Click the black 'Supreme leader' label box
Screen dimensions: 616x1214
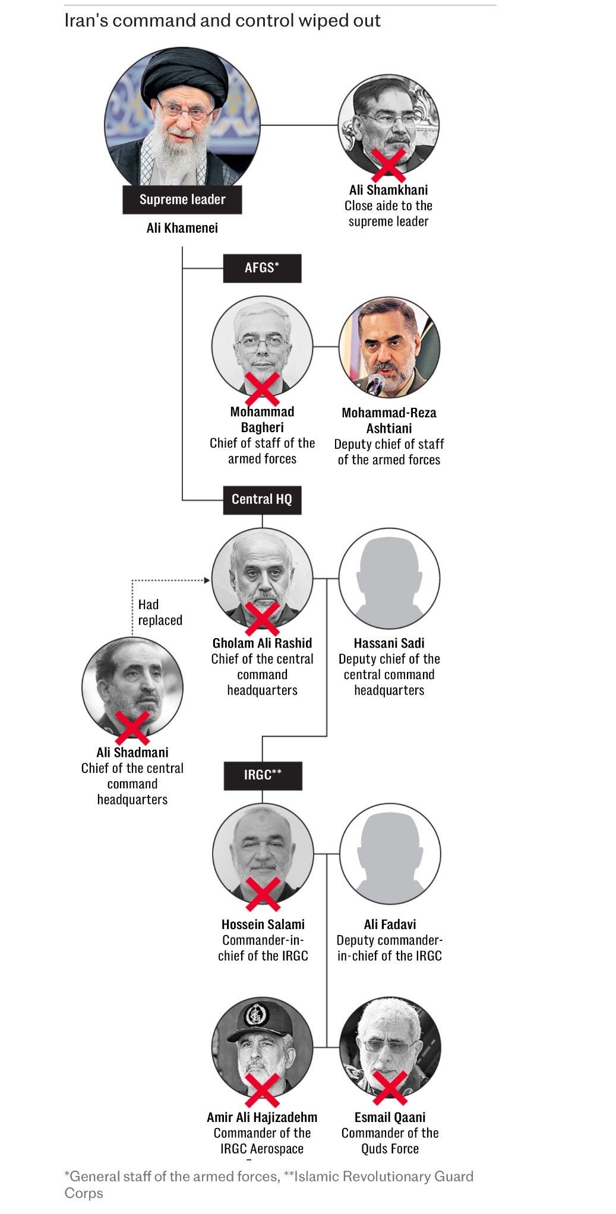(x=182, y=199)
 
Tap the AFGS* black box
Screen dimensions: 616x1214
(x=262, y=268)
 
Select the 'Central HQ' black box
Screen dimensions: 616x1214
(x=262, y=499)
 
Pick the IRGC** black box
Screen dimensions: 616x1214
(x=263, y=775)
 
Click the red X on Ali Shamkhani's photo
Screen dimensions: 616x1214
(x=388, y=165)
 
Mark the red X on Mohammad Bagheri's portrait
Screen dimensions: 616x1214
(x=262, y=389)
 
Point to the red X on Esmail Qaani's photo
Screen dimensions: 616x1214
(x=390, y=1088)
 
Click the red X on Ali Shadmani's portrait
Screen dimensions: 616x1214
(x=132, y=728)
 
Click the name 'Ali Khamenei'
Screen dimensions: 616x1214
(x=182, y=228)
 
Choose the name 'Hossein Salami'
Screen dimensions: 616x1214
(x=263, y=924)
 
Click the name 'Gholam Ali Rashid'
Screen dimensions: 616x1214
(x=262, y=643)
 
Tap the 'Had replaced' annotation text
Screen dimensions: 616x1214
(x=159, y=612)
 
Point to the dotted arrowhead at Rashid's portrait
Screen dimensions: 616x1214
(x=208, y=580)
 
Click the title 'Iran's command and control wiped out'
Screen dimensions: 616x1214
(x=222, y=21)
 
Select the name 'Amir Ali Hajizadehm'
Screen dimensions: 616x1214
(x=262, y=1117)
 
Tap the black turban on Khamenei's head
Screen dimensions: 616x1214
(x=185, y=74)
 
